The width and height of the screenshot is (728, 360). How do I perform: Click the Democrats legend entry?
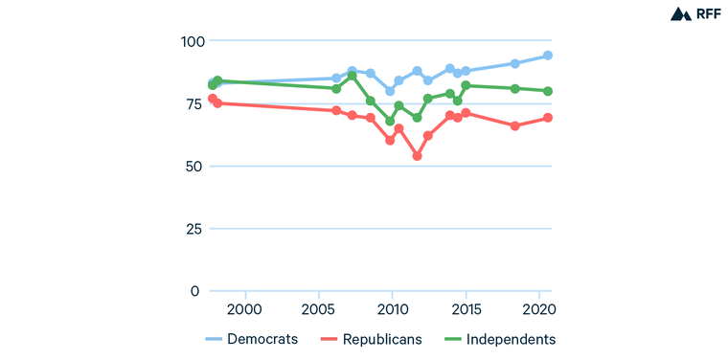point(252,339)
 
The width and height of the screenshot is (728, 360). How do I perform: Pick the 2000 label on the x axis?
point(245,310)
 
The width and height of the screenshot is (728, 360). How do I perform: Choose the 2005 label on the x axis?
point(319,310)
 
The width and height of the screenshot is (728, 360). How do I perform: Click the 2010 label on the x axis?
point(392,310)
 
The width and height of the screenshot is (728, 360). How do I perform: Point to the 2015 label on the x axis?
point(466,310)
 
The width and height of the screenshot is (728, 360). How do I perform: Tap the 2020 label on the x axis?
point(538,310)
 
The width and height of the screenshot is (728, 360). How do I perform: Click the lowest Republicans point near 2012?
point(417,156)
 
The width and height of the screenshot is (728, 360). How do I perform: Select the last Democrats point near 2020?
point(548,56)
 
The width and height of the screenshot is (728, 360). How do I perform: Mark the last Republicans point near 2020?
point(548,118)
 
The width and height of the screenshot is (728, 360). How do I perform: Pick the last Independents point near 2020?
point(548,91)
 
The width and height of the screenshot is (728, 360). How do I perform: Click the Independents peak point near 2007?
point(353,76)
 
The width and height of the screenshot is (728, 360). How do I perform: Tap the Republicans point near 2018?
point(515,125)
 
